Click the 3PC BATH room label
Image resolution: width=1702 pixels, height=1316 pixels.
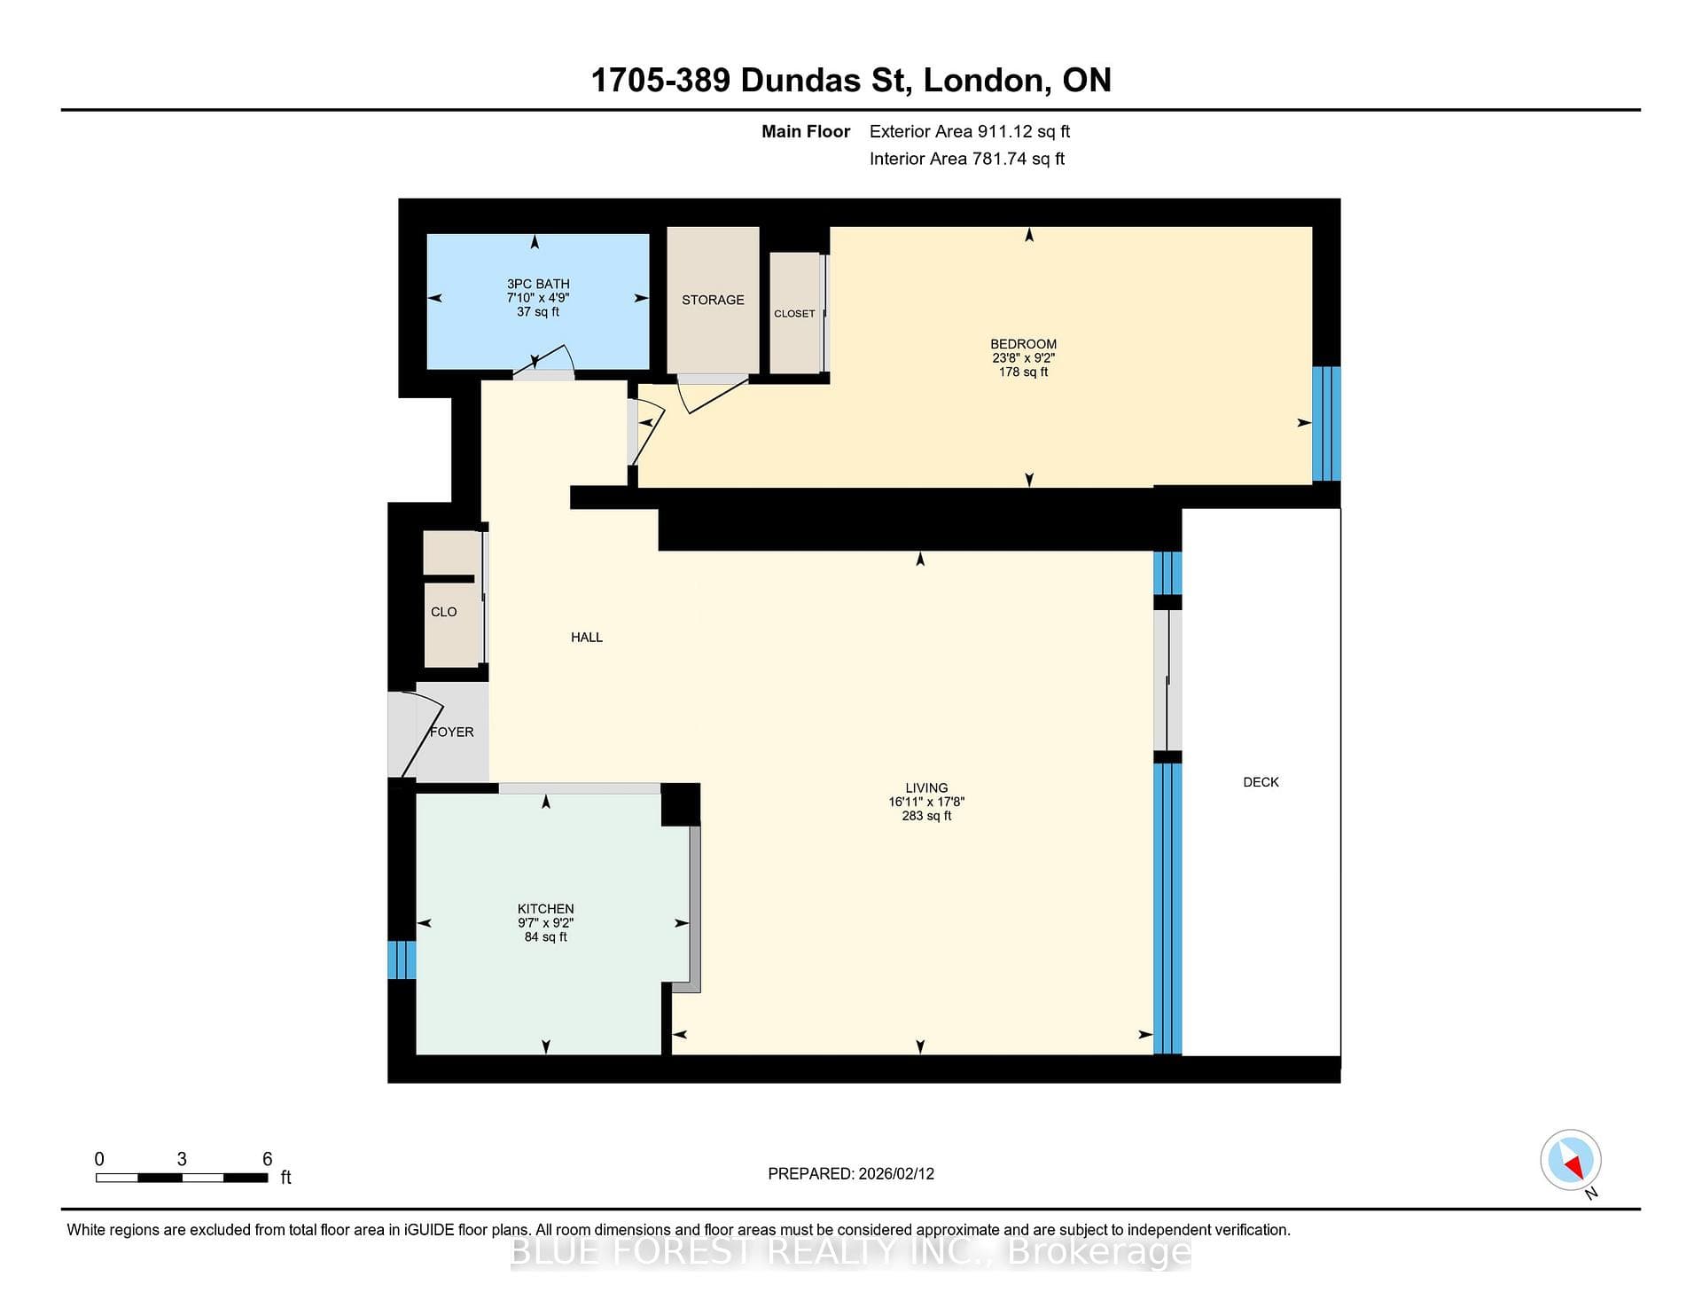pyautogui.click(x=538, y=284)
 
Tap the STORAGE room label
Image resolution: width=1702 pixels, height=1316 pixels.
pyautogui.click(x=713, y=300)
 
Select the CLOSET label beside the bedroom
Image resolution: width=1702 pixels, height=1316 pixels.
pyautogui.click(x=794, y=314)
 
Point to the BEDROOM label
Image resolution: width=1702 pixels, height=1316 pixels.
pyautogui.click(x=1023, y=344)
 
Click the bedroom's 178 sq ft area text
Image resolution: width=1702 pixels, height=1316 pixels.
pyautogui.click(x=1023, y=372)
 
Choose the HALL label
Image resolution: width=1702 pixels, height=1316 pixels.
pyautogui.click(x=587, y=637)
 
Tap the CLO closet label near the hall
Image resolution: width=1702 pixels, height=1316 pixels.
pyautogui.click(x=443, y=612)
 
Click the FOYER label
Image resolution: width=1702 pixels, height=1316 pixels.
pyautogui.click(x=452, y=732)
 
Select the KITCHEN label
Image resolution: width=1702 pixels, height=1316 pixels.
pyautogui.click(x=545, y=909)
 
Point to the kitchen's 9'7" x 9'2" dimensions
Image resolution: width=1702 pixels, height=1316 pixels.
pyautogui.click(x=545, y=923)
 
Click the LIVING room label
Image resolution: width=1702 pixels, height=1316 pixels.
pyautogui.click(x=926, y=787)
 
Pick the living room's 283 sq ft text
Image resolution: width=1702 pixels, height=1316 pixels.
pyautogui.click(x=926, y=816)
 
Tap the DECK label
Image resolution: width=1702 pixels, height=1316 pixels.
pyautogui.click(x=1261, y=782)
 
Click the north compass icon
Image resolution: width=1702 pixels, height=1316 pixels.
pyautogui.click(x=1571, y=1161)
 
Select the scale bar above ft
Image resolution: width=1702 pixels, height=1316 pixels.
pyautogui.click(x=182, y=1178)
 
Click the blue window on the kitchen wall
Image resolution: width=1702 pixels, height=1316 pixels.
pyautogui.click(x=402, y=960)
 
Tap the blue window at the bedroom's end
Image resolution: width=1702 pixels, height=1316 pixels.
pyautogui.click(x=1326, y=424)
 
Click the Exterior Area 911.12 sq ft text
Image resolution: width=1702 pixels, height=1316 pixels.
pyautogui.click(x=970, y=131)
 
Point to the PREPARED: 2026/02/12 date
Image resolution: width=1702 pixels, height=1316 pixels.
pyautogui.click(x=851, y=1173)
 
